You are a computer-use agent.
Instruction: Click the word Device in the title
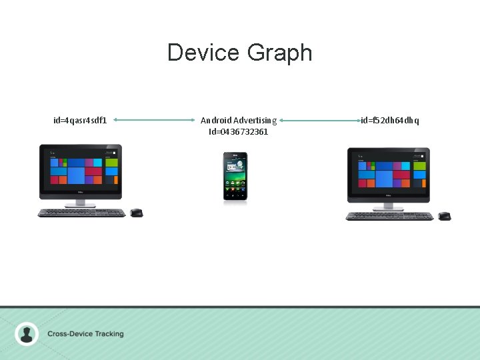(x=204, y=53)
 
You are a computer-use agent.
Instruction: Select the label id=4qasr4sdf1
(x=80, y=121)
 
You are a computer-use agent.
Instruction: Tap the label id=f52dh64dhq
(x=390, y=121)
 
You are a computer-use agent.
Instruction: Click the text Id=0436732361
(x=239, y=132)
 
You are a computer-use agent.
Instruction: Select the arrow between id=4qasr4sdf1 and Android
(x=153, y=120)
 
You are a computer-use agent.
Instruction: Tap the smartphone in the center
(x=235, y=176)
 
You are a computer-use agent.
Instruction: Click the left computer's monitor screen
(x=81, y=168)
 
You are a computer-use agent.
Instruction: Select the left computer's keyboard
(x=81, y=213)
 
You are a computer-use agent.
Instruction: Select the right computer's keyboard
(x=389, y=215)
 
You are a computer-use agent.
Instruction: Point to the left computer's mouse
(x=136, y=213)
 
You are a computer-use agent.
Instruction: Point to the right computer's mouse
(x=444, y=215)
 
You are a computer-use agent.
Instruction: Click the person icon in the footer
(x=27, y=333)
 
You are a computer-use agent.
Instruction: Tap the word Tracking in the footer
(x=107, y=334)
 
